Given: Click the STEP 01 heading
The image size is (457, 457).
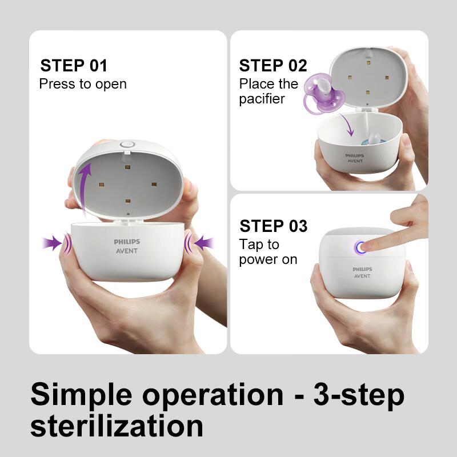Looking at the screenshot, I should (73, 65).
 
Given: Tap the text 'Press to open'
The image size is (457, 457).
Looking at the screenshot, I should (83, 84).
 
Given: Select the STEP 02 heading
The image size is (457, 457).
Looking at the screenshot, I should (273, 65).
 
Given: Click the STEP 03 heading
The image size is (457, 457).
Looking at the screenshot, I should (274, 226).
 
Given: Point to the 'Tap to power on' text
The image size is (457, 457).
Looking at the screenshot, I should (268, 252).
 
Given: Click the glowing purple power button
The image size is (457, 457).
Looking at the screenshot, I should (360, 247).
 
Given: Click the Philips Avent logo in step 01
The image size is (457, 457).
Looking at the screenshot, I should (126, 246).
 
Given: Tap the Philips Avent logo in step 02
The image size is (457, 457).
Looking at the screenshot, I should (354, 158).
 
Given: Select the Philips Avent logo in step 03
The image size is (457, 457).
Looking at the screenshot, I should (362, 272).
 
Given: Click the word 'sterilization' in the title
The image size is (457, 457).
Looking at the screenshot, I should (117, 426).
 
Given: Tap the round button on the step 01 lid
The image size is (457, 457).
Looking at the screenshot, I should (127, 146).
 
